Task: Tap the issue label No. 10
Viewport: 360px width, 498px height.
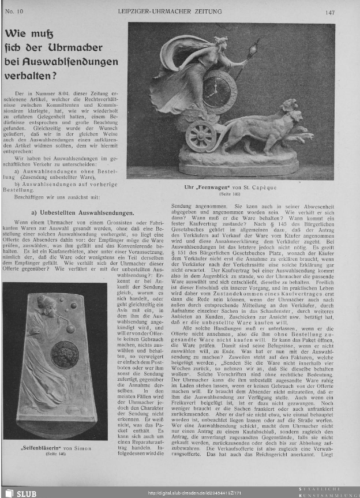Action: pos(13,12)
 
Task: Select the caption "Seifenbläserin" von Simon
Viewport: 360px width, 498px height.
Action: pos(55,448)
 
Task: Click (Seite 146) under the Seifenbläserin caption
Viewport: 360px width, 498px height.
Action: pos(55,455)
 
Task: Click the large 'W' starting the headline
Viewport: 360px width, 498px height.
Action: pos(12,34)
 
